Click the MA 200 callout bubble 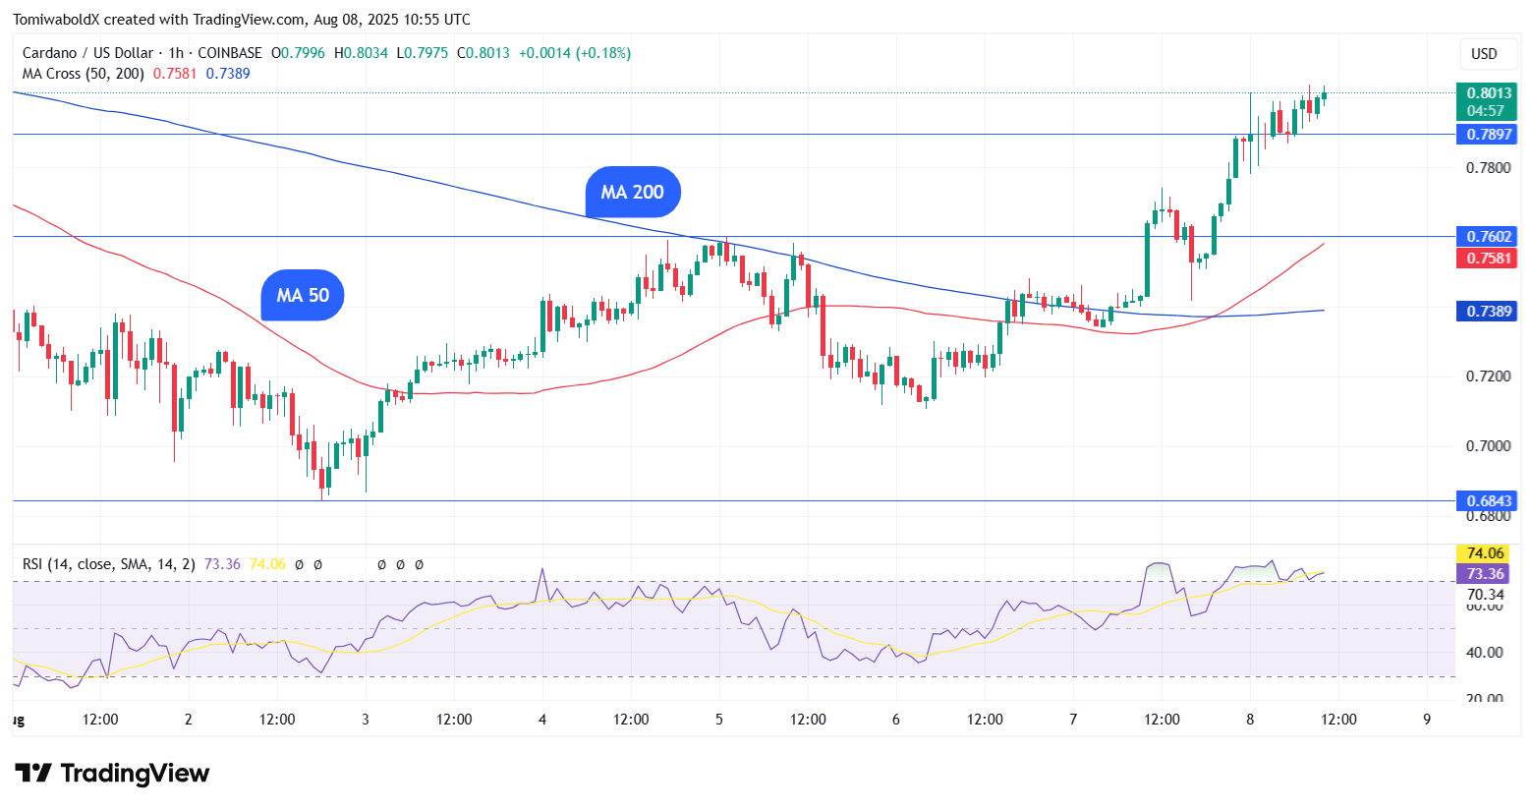(633, 193)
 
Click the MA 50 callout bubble (303, 296)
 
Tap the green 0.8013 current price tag (1486, 101)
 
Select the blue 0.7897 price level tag (1486, 135)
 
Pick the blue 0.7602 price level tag (1486, 237)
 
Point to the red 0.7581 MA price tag (1486, 259)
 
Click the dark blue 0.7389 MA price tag (1486, 312)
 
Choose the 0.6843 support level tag (1486, 501)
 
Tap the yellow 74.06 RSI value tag (1485, 553)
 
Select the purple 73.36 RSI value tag (1485, 574)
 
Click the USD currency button (1484, 54)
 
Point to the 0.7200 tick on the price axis (1488, 376)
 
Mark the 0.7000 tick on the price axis (1488, 446)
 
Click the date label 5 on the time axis (719, 720)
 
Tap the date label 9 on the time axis (1427, 720)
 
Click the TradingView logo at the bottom (112, 774)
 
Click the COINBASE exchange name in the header (230, 53)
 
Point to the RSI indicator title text (108, 564)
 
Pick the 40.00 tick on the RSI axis (1484, 653)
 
